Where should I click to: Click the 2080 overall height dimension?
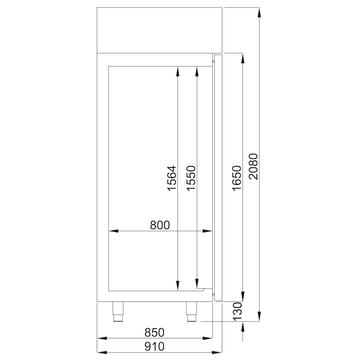(x=253, y=166)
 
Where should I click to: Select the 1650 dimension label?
(x=237, y=178)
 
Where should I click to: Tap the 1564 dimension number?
(x=172, y=178)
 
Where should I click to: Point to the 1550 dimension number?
(x=191, y=178)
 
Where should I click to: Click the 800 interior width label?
(x=160, y=225)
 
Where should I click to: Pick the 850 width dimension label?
(x=154, y=333)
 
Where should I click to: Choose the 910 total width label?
(x=154, y=346)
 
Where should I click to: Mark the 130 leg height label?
(x=238, y=311)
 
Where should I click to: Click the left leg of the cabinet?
(x=118, y=311)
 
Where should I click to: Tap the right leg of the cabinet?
(x=192, y=311)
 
